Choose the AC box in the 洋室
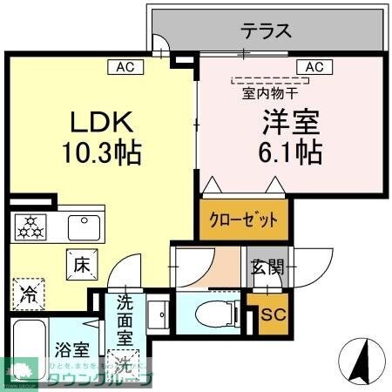coord(314,65)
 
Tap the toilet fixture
coord(209,311)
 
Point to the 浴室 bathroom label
coord(71,352)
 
